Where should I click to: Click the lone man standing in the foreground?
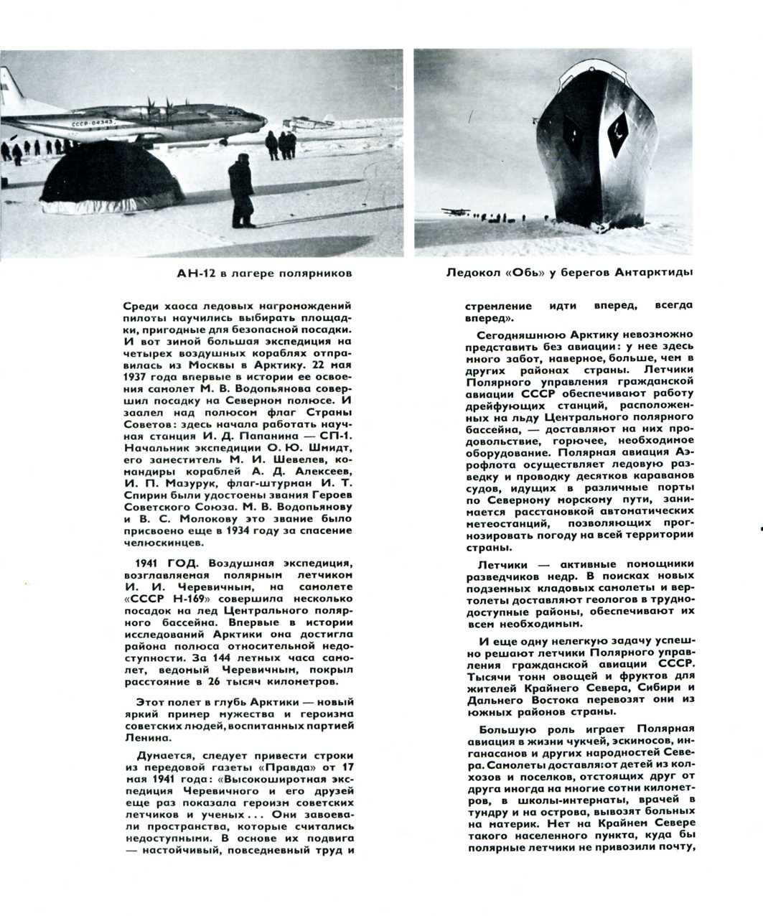[x=241, y=192]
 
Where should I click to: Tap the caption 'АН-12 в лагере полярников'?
[x=265, y=274]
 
